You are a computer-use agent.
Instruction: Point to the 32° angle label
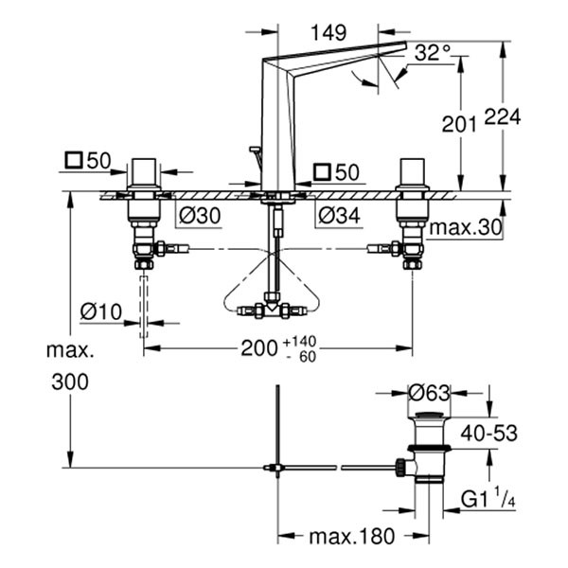(x=432, y=54)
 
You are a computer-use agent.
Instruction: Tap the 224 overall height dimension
(x=504, y=116)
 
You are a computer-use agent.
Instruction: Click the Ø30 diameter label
(x=199, y=216)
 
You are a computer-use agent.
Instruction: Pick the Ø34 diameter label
(x=339, y=216)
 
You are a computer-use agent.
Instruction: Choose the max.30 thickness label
(x=464, y=228)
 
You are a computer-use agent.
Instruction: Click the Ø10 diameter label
(x=100, y=311)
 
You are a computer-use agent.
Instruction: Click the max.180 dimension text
(x=350, y=537)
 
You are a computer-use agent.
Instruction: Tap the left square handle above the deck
(x=145, y=173)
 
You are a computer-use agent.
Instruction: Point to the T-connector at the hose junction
(x=275, y=309)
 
